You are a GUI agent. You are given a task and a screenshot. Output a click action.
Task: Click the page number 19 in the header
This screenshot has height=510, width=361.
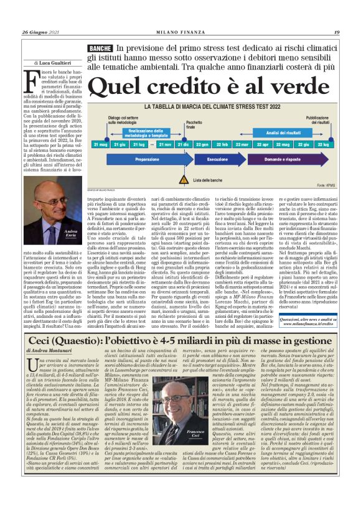336,32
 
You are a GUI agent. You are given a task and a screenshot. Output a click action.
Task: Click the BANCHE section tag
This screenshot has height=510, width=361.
100,48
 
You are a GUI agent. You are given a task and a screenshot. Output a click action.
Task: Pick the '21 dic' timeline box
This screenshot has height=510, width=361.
184,144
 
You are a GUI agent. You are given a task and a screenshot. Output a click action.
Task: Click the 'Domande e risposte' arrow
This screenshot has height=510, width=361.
274,160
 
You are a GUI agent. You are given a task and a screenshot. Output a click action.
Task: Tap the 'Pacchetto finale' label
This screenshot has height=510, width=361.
185,124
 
